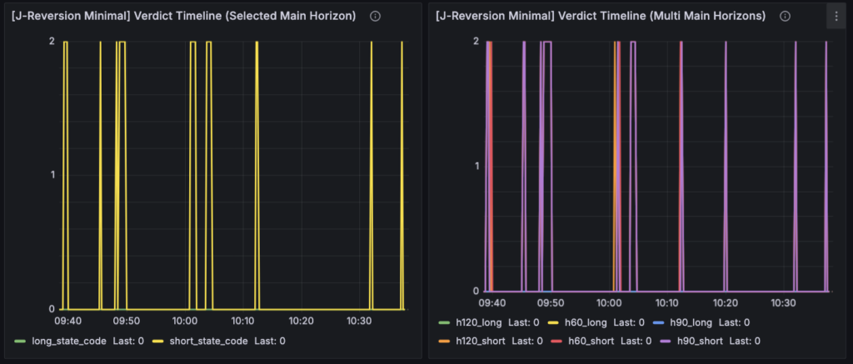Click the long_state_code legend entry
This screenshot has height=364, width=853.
pos(68,340)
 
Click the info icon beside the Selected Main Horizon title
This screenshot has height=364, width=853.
pos(375,16)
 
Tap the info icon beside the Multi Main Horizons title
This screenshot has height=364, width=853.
pos(784,16)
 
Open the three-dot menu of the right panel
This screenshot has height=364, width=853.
pos(836,16)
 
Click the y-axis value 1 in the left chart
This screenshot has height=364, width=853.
pos(52,175)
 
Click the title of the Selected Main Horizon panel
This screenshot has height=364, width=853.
pos(183,16)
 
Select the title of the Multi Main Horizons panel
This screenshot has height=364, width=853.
pos(599,16)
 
